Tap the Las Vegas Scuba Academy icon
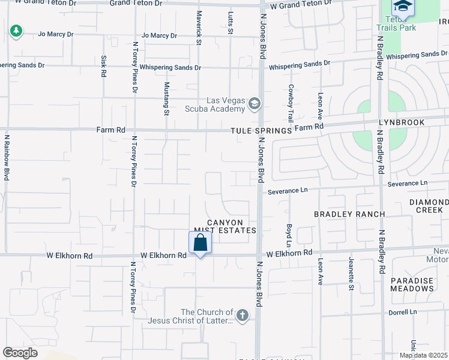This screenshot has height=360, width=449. click(x=255, y=104)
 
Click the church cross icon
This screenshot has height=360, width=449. click(x=242, y=316)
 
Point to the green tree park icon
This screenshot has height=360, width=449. click(x=16, y=31)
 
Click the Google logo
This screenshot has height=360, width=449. click(x=20, y=353)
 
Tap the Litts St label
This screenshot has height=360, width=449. click(x=231, y=23)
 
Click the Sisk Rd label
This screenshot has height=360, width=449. click(x=103, y=66)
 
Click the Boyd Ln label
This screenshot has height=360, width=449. click(x=289, y=235)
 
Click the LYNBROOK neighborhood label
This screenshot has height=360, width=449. click(x=401, y=122)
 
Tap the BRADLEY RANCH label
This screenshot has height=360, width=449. click(x=341, y=214)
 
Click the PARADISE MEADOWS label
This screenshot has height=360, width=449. click(x=412, y=284)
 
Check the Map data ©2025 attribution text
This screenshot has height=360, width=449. click(x=423, y=355)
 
